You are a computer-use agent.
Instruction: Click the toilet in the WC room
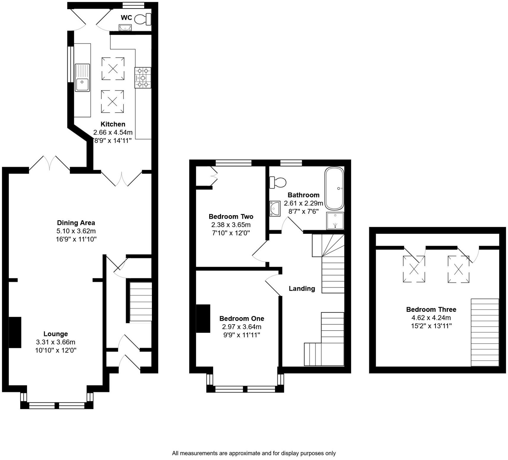point(143,20)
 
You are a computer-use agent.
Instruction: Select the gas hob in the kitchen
point(143,78)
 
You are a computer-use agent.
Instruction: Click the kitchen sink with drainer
point(82,77)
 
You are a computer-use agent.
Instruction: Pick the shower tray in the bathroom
point(335,221)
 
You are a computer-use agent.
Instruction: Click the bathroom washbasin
point(274,208)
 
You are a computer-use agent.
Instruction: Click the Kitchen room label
point(113,124)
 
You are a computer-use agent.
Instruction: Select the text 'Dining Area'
point(76,223)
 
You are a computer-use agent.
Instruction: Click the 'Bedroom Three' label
point(431,309)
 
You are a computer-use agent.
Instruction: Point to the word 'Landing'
point(302,288)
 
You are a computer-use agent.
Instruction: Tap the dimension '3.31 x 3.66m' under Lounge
point(55,342)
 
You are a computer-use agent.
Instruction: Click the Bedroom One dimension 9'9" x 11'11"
point(242,335)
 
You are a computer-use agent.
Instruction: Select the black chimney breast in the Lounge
point(15,332)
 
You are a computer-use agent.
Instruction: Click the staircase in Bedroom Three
point(485,332)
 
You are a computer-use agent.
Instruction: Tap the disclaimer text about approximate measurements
point(254,453)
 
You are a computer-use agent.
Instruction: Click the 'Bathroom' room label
point(303,195)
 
